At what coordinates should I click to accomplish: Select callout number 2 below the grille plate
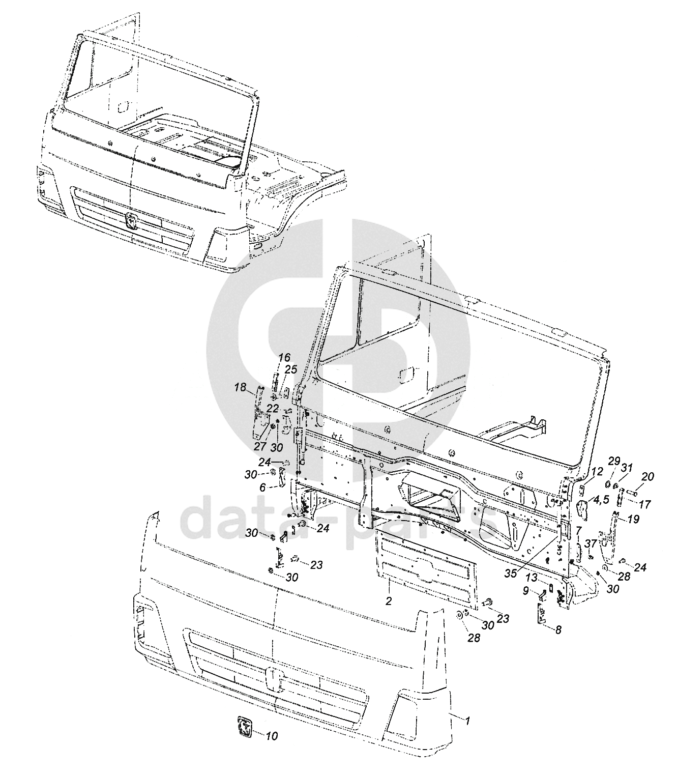click(389, 601)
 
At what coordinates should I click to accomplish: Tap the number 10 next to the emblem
click(272, 736)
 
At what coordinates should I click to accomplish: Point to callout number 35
click(510, 572)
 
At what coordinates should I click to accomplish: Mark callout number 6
click(263, 487)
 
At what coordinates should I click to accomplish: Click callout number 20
click(648, 476)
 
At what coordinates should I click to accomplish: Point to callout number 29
click(614, 461)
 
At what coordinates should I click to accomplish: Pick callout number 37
click(591, 543)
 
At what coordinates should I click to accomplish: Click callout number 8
click(558, 629)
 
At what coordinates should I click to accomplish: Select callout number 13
click(532, 578)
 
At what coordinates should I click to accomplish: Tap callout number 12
click(597, 471)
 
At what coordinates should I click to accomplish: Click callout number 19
click(633, 520)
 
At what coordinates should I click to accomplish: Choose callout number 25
click(290, 369)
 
